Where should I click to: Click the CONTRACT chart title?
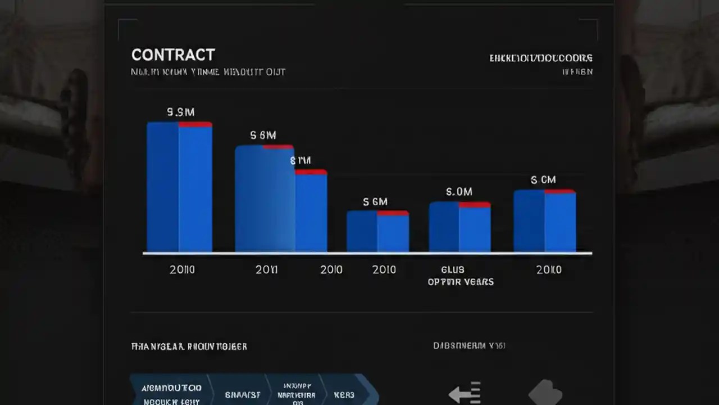173,55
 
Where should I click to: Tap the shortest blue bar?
377,232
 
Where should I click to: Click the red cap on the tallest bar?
195,124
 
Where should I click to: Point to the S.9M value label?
181,112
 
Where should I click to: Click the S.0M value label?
459,192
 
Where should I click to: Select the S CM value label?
543,180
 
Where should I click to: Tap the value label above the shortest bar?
375,201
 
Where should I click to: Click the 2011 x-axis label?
266,269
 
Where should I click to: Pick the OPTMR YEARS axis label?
460,281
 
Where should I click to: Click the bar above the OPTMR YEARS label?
459,227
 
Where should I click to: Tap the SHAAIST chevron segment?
243,394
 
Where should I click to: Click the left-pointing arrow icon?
465,393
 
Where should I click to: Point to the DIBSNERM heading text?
469,345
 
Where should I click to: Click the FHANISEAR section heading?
189,346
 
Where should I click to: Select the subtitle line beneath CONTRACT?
208,72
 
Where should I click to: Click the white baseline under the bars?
367,253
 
